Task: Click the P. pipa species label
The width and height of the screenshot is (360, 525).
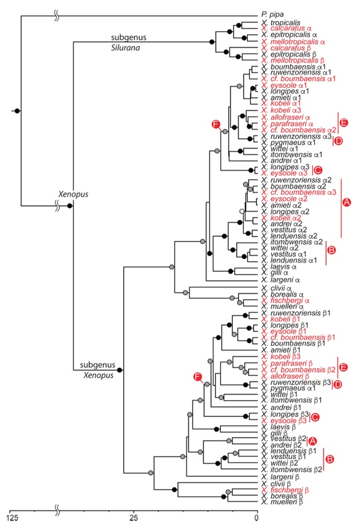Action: [x=272, y=16]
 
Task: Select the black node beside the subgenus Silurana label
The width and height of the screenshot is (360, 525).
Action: [x=212, y=42]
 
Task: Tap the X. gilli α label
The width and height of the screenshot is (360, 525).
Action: [x=277, y=273]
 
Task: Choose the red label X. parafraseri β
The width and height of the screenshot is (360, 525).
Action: [x=287, y=363]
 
